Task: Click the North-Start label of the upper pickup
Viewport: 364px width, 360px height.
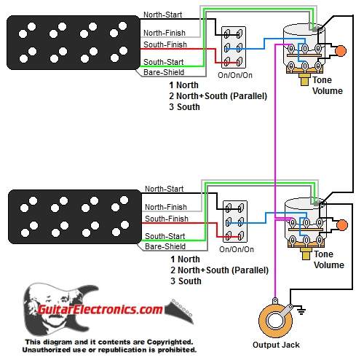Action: click(x=162, y=15)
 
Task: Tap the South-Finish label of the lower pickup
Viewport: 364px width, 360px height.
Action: click(x=167, y=219)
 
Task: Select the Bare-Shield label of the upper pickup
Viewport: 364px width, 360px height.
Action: click(x=164, y=72)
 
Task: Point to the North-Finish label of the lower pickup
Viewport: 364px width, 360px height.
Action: click(x=166, y=207)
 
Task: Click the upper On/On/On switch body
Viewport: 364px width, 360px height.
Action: click(x=234, y=47)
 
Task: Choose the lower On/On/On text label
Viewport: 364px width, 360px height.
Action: click(x=237, y=249)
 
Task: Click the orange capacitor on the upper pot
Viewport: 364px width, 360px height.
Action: click(x=341, y=51)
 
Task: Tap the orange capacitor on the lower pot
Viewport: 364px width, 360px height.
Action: click(x=342, y=225)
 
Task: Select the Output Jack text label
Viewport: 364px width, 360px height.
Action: click(x=276, y=345)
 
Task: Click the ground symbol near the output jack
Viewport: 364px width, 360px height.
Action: click(x=301, y=310)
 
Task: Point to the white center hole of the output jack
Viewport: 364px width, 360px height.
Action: click(x=275, y=321)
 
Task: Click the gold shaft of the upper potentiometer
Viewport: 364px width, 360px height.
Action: click(x=304, y=80)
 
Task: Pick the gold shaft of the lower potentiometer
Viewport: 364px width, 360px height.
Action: click(x=306, y=254)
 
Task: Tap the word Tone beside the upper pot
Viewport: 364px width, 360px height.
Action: click(x=322, y=80)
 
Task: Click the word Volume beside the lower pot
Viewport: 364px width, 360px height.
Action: click(x=329, y=265)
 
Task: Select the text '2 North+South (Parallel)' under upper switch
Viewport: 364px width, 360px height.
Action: click(x=218, y=96)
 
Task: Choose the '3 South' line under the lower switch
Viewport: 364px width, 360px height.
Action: click(x=186, y=281)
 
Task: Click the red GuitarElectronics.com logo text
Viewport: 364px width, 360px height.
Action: click(x=100, y=310)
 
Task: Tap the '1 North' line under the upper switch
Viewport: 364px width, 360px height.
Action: click(x=183, y=85)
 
